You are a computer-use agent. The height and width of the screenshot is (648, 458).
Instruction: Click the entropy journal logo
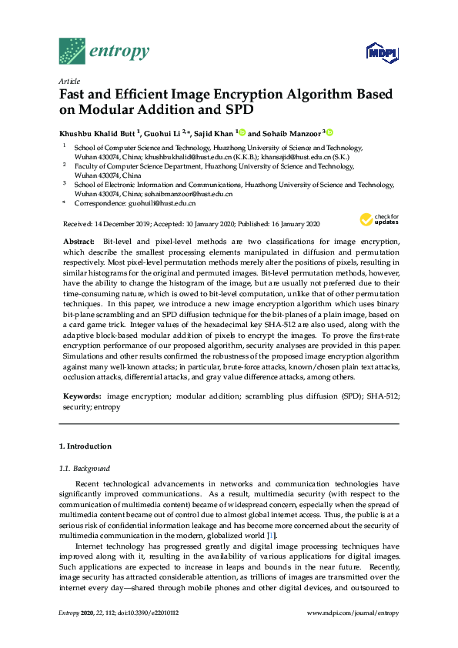coord(104,52)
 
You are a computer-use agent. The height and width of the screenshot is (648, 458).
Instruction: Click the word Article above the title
coord(69,81)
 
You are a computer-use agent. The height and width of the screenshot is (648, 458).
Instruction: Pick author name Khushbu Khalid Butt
coord(98,132)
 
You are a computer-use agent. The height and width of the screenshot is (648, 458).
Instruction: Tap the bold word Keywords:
coord(82,396)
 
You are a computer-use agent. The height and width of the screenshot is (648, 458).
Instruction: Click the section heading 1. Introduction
coord(85,446)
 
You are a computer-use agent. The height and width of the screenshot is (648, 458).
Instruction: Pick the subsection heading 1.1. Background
coord(85,468)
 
